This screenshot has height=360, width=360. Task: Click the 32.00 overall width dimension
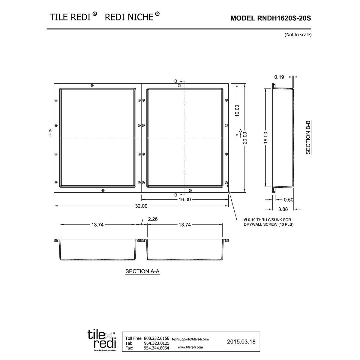(x=141, y=206)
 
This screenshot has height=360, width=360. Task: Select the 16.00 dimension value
(x=185, y=199)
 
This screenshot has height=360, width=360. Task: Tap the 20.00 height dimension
(x=245, y=138)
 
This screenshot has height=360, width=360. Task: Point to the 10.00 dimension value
(x=237, y=110)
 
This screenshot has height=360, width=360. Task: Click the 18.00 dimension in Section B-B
(x=265, y=138)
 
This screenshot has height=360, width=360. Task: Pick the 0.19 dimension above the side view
(x=279, y=77)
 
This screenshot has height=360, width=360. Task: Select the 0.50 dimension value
(x=288, y=200)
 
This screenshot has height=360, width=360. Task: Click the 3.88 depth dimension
(x=283, y=209)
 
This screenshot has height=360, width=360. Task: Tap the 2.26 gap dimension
(x=153, y=219)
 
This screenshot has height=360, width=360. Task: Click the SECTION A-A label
(x=142, y=271)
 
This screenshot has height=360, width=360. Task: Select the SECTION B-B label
(x=308, y=137)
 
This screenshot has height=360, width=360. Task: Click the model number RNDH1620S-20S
(x=271, y=18)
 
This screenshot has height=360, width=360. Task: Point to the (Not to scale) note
(x=298, y=35)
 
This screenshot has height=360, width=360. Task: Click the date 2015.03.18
(x=241, y=341)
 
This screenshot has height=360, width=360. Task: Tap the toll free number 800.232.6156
(x=157, y=338)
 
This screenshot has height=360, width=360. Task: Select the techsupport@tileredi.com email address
(x=190, y=339)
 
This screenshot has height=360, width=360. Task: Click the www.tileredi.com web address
(x=190, y=347)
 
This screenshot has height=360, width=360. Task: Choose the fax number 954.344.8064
(x=157, y=348)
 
